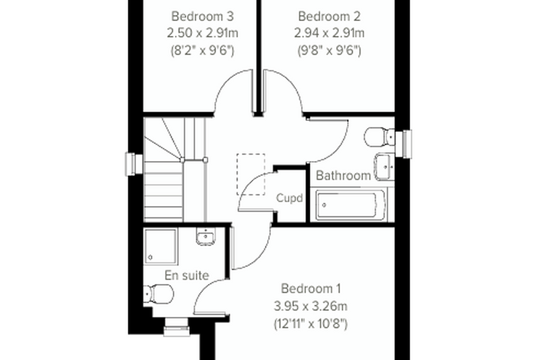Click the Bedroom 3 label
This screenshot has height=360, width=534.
(x=202, y=16)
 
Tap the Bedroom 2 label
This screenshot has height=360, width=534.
(x=329, y=16)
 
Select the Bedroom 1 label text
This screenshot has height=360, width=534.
(x=311, y=288)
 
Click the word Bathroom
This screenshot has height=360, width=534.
(x=343, y=175)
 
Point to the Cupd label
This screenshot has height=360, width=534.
(x=289, y=198)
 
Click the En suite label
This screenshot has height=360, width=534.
(x=187, y=275)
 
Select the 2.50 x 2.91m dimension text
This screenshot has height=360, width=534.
(x=202, y=33)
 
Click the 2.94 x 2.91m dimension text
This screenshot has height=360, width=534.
(x=329, y=33)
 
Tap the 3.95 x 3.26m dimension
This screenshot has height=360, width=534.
(x=311, y=306)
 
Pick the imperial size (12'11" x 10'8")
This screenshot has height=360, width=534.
(x=311, y=323)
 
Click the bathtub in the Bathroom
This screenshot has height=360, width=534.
(x=351, y=205)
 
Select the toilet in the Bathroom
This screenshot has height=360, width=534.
(x=379, y=137)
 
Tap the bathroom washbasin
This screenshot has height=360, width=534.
(x=384, y=167)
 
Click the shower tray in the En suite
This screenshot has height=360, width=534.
(x=161, y=247)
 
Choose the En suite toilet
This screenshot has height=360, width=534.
(x=158, y=294)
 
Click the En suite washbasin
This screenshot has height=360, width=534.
(x=206, y=236)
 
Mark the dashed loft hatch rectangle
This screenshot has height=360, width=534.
(x=251, y=174)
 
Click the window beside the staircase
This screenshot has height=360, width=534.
(x=134, y=165)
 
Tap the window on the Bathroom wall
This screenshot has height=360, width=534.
(x=403, y=144)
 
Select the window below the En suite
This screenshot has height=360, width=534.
(x=176, y=327)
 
